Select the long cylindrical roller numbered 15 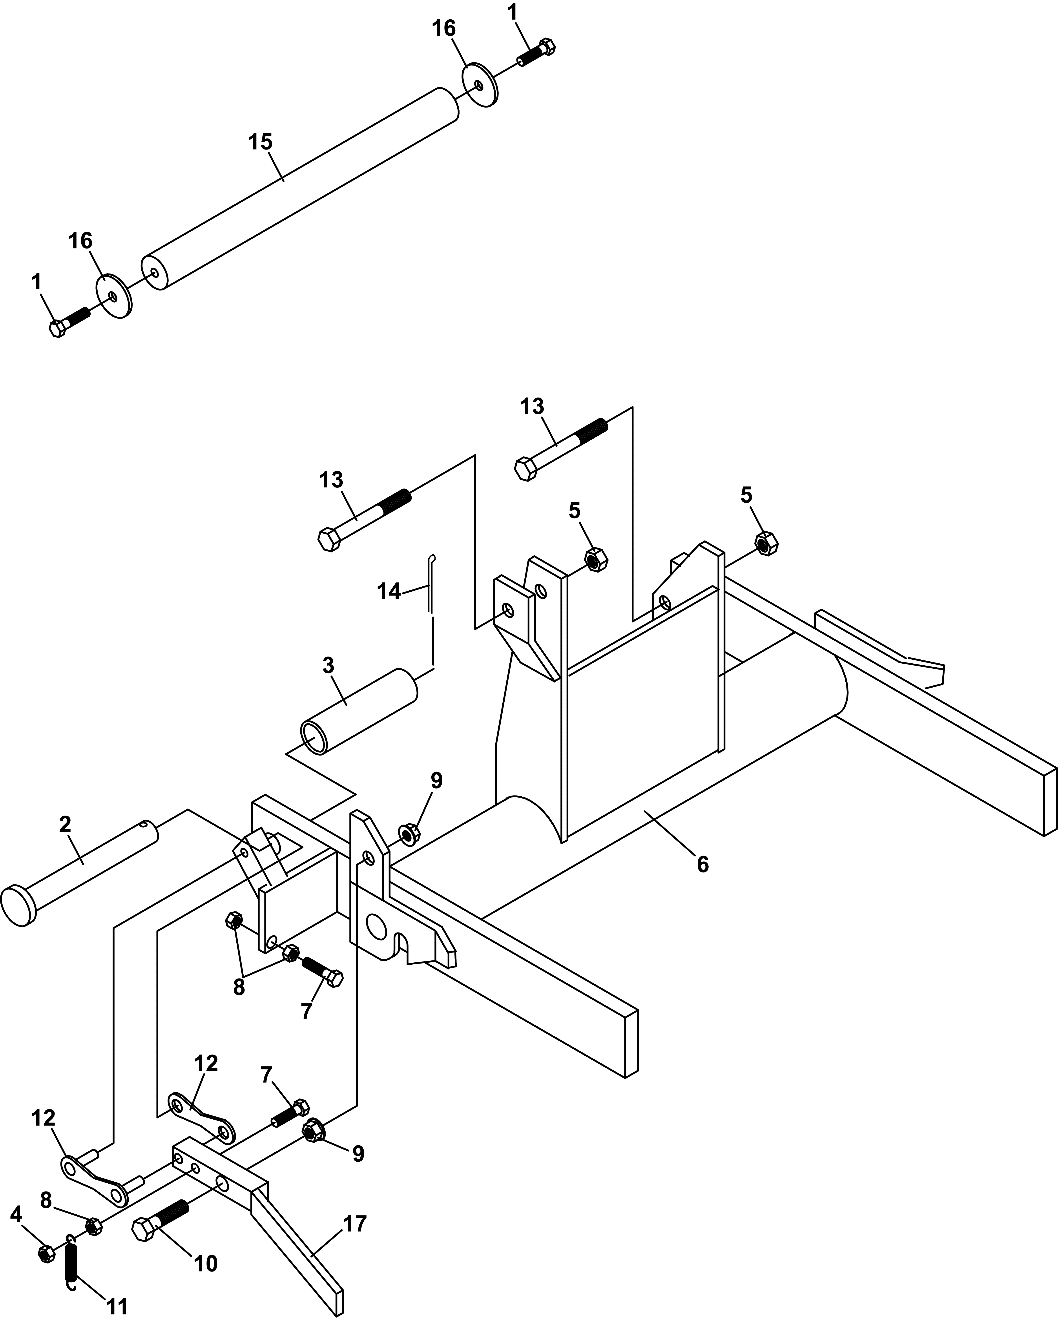[301, 187]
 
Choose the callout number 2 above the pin [65, 825]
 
